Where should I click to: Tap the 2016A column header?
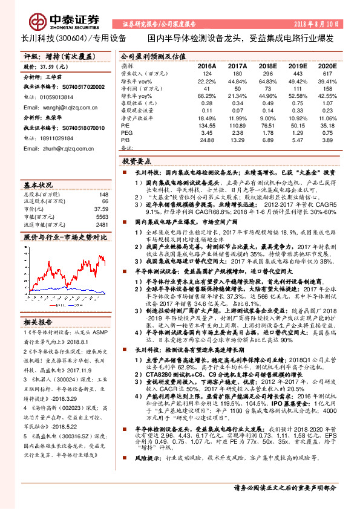coord(206,65)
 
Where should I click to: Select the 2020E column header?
coord(327,65)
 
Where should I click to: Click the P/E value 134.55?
coord(206,124)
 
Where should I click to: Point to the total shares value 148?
coord(103,195)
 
